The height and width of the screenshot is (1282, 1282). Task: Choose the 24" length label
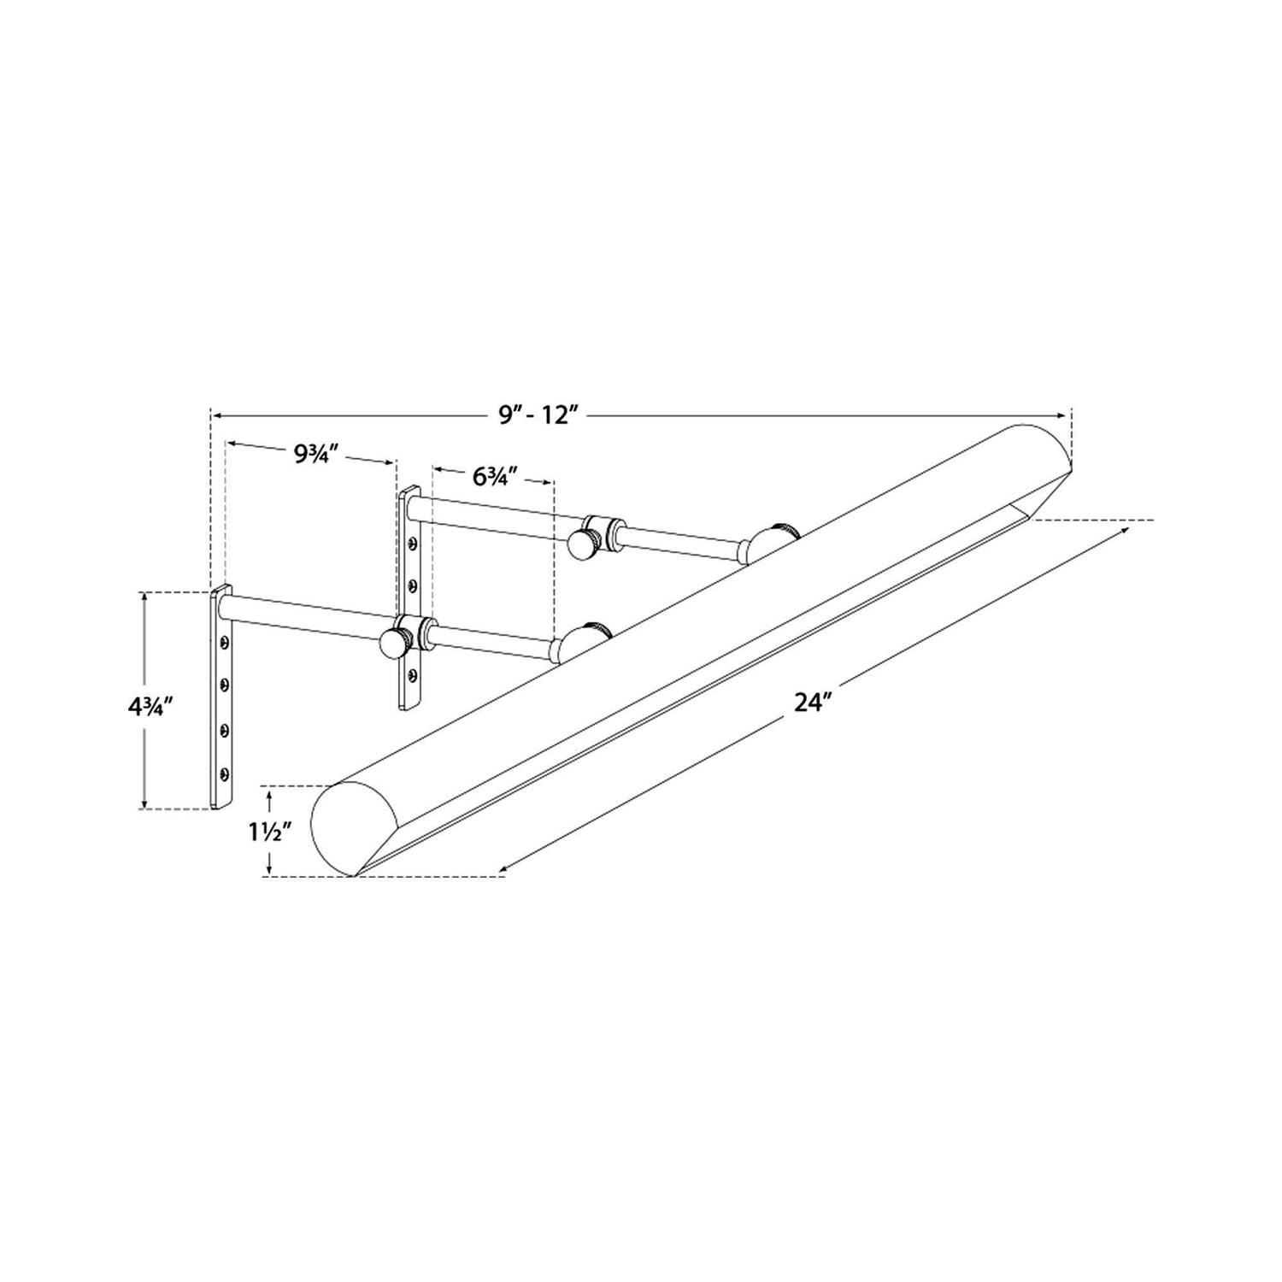point(813,703)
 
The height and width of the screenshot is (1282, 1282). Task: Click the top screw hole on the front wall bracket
point(225,641)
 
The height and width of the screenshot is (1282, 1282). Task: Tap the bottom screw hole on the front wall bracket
point(224,773)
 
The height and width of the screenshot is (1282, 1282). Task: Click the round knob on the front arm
point(394,641)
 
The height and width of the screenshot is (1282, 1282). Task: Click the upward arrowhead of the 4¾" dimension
point(146,597)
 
